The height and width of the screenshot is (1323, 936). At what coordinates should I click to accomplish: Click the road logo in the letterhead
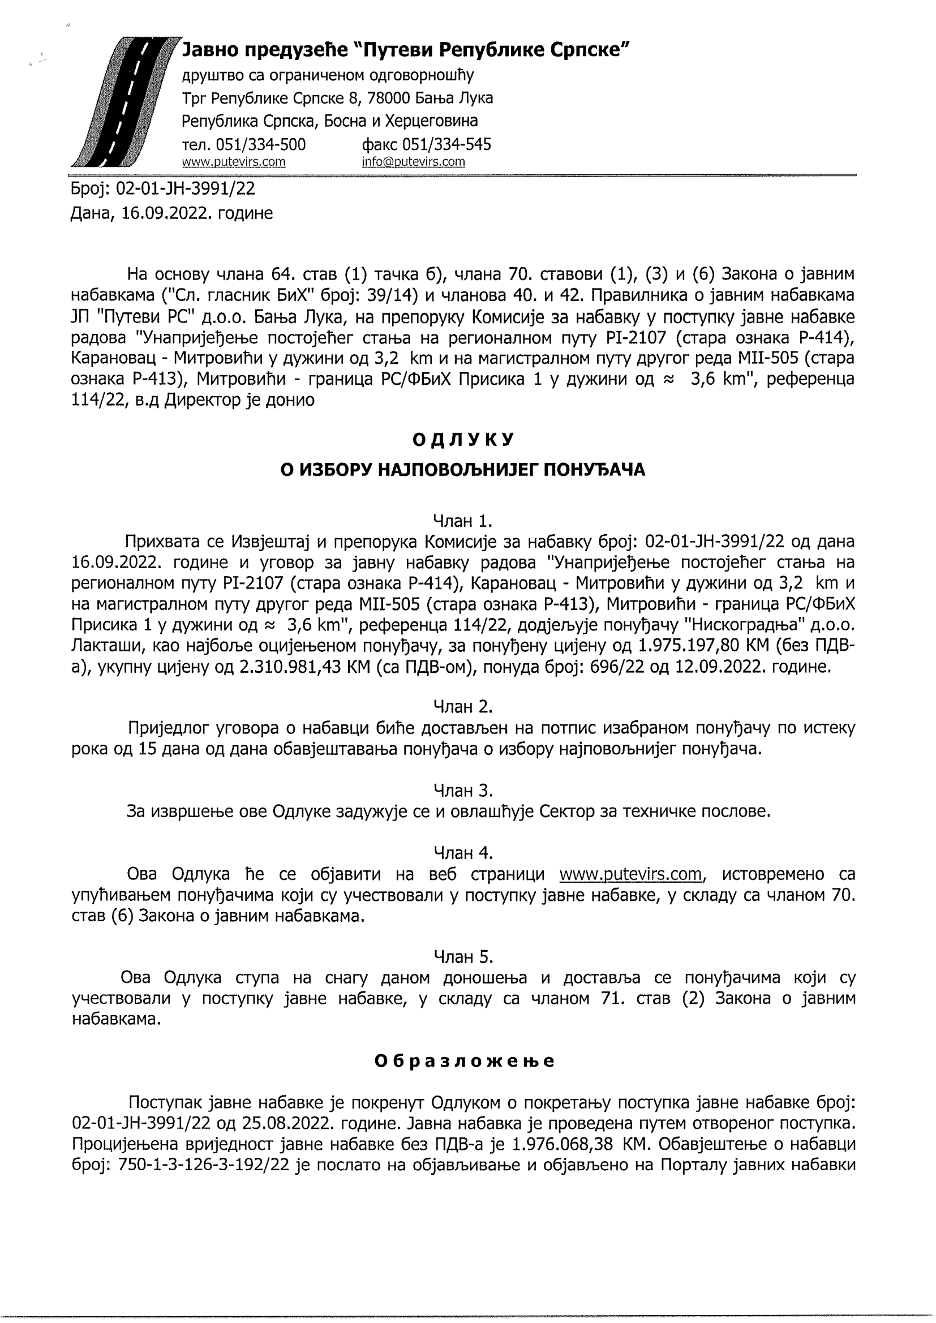tap(124, 102)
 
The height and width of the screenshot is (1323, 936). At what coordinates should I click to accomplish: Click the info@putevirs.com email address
tap(413, 162)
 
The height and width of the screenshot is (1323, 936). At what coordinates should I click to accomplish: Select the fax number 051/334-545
tap(446, 144)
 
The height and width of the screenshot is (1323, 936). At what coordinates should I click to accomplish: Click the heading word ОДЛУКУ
tap(463, 440)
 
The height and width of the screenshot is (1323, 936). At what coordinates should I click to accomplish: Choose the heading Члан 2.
tap(463, 706)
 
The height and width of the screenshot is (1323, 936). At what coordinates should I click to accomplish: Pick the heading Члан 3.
tap(463, 790)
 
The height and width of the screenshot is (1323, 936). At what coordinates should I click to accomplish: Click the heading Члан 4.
tap(463, 853)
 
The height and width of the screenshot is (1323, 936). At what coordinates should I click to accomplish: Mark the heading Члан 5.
tap(463, 957)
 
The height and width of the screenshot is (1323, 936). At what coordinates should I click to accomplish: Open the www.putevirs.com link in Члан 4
tap(630, 874)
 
